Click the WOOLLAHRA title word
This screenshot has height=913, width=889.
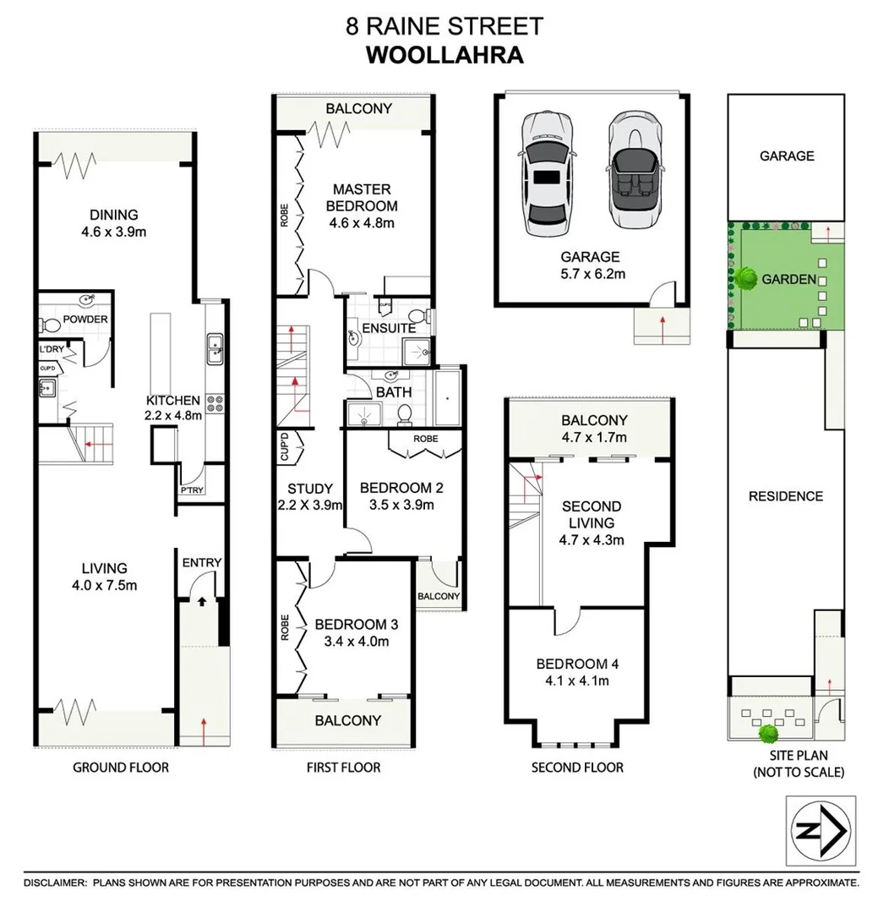pos(444,56)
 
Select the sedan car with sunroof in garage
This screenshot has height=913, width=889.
pos(547,173)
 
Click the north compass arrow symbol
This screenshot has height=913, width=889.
pos(821,832)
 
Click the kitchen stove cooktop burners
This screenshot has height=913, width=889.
pos(215,404)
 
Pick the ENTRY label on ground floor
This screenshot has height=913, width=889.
pos(201,563)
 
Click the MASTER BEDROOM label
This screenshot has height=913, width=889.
pos(364,198)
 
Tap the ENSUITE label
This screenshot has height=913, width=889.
pos(388,328)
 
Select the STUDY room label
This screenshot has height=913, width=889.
pos(310,489)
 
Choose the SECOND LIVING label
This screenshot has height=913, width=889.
pos(592,515)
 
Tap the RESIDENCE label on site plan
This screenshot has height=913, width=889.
pos(785,496)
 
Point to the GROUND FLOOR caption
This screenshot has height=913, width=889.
pos(120,768)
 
